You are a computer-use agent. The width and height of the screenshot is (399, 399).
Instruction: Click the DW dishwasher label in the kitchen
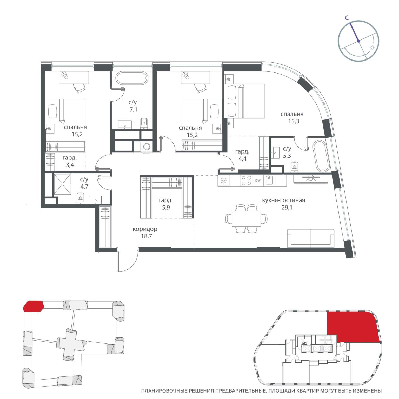[x=258, y=181]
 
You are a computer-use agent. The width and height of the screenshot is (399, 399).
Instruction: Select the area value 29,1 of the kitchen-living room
[x=287, y=207]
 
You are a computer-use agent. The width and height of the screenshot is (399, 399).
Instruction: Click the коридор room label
[x=145, y=229]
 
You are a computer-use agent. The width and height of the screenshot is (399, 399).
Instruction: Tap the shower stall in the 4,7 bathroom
[x=62, y=184]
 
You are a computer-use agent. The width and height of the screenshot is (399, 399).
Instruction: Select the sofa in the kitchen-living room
[x=311, y=238]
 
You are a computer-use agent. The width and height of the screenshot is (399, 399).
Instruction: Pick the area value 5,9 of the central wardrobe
[x=166, y=207]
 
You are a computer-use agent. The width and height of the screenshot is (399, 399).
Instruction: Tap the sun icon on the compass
[x=372, y=48]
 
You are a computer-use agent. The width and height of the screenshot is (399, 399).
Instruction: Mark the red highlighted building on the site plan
[x=34, y=306]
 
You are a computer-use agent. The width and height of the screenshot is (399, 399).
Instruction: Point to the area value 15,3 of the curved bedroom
[x=294, y=121]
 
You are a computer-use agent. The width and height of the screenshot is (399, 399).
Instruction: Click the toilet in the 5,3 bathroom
[x=294, y=167]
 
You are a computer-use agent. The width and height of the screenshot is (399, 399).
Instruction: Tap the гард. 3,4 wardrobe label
[x=70, y=161]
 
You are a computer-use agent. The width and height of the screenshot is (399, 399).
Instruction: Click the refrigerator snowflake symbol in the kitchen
[x=223, y=181]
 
